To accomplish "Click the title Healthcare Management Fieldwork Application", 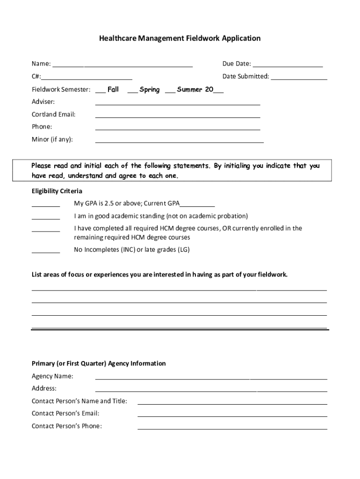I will (x=180, y=38).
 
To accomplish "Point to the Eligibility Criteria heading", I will (x=57, y=191).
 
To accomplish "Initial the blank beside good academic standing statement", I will (x=46, y=218).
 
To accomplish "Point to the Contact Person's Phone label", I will (x=66, y=426).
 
